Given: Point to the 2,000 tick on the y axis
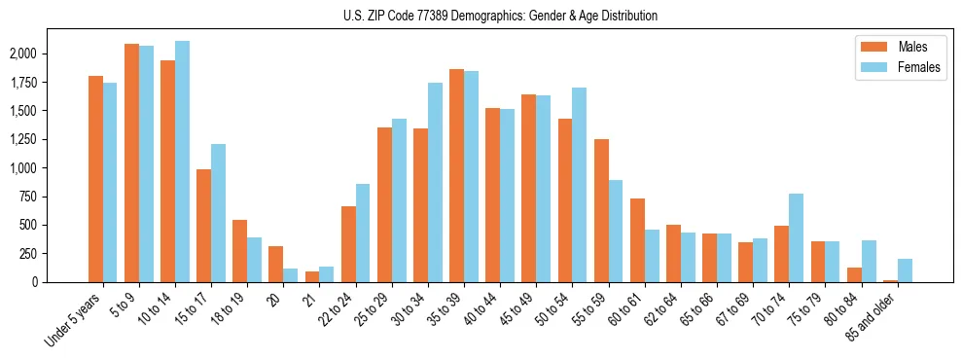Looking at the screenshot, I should pyautogui.click(x=24, y=54).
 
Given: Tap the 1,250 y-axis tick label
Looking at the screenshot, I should pyautogui.click(x=24, y=139).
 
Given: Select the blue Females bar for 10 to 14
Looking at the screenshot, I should pyautogui.click(x=182, y=162).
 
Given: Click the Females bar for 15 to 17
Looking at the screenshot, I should pyautogui.click(x=218, y=213).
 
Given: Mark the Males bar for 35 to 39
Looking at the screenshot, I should pyautogui.click(x=456, y=175).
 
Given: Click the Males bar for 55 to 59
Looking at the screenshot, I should pyautogui.click(x=601, y=210).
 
